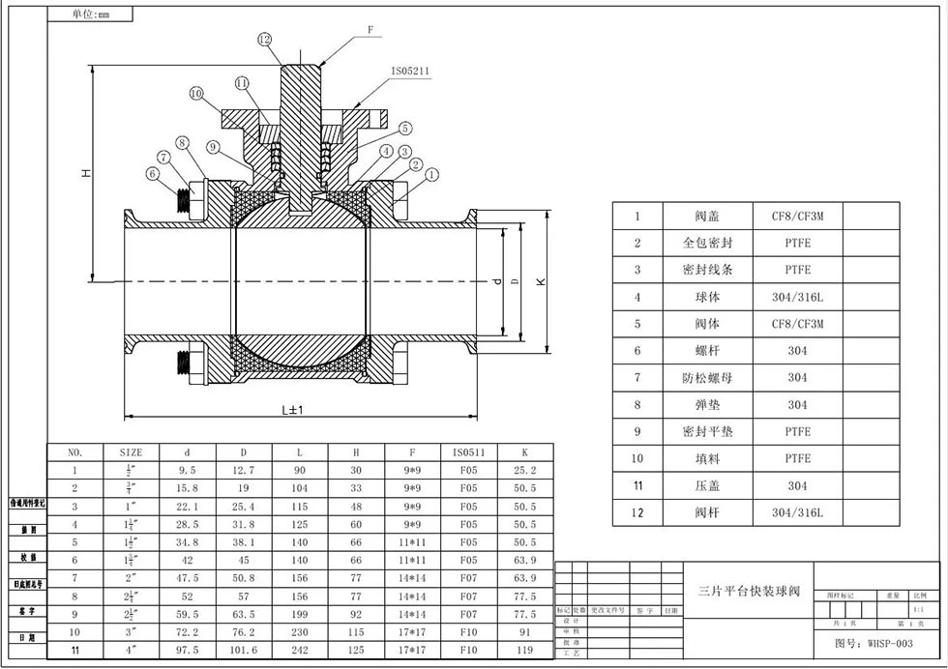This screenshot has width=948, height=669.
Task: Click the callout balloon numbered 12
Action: coord(265,40)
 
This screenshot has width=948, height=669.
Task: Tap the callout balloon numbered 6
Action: coord(152,174)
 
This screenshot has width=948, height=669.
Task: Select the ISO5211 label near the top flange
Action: coord(411,71)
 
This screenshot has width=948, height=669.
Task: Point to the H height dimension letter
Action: coord(86,172)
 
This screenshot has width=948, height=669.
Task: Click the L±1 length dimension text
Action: coord(293,409)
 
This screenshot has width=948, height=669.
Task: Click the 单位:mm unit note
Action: coord(92,15)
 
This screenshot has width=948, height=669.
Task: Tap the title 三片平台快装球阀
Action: coord(750,589)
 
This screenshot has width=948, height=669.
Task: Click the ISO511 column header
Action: coord(469,451)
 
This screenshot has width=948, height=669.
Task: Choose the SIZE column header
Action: coord(131,451)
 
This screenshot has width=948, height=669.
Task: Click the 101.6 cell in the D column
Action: coord(244,651)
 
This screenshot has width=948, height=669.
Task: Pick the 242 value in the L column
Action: coord(300,651)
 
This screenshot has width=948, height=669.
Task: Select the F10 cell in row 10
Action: coord(469,632)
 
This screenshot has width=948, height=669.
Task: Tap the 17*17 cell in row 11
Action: coord(413,651)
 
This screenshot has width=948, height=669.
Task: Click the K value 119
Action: coord(525,651)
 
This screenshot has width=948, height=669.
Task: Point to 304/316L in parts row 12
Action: coord(797,512)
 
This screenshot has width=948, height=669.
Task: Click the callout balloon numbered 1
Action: coord(431,174)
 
